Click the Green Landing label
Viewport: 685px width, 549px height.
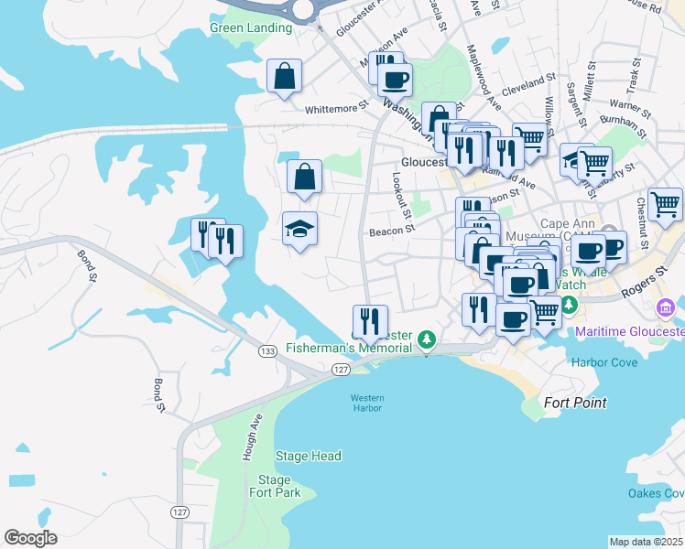[x=251, y=27]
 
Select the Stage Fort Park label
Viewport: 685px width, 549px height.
[x=274, y=486]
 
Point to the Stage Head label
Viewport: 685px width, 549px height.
[x=308, y=456]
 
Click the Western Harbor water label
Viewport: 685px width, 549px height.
[x=367, y=404]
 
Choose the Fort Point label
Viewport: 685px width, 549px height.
[x=575, y=403]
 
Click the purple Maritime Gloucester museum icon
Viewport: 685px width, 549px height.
[x=665, y=305]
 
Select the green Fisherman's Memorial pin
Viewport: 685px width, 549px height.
[x=426, y=339]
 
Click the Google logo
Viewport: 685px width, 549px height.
[x=31, y=538]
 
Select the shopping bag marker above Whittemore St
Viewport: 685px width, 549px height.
[x=285, y=77]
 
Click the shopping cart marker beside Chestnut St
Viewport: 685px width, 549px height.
[x=665, y=204]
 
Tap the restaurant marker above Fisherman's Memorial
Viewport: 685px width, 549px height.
[x=370, y=321]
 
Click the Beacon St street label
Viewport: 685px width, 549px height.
[x=392, y=231]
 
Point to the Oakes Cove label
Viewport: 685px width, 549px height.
[x=656, y=494]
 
